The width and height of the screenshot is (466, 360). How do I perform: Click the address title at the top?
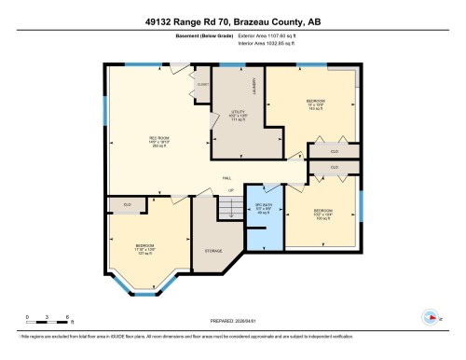click(232, 19)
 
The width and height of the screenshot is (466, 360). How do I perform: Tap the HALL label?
click(226, 178)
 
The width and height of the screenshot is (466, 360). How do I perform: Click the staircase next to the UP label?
click(227, 209)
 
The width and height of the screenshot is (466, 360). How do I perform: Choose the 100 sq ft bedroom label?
click(322, 214)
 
